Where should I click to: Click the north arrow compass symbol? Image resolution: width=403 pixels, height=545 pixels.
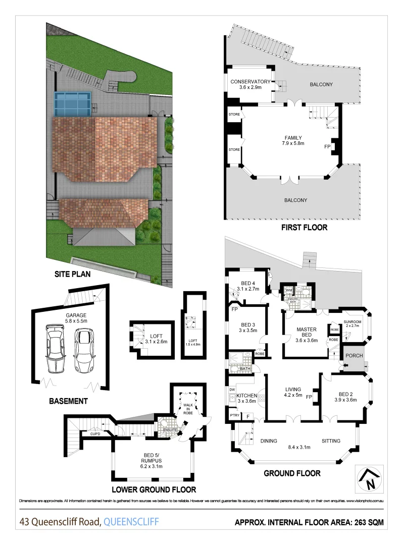coord(372,478)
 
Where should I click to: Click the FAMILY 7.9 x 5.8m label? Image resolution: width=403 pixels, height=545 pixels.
coord(292,141)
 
